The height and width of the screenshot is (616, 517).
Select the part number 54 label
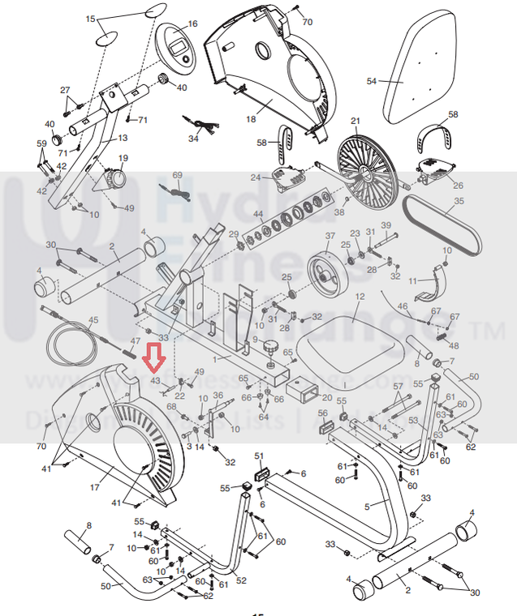[x=372, y=81]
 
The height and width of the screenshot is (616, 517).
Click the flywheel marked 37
[x=328, y=268]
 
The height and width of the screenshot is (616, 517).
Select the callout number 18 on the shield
[x=250, y=119]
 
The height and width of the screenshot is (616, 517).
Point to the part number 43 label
[x=155, y=380]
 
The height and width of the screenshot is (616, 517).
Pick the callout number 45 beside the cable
[x=93, y=321]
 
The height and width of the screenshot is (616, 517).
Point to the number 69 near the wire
[x=178, y=175]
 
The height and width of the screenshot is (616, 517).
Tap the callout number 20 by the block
[x=327, y=397]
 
